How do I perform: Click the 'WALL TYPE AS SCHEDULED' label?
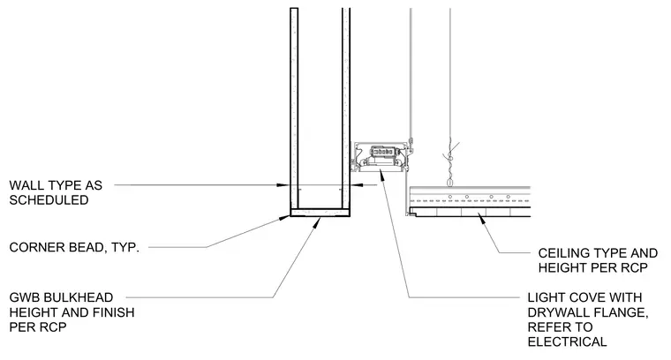(x=56, y=192)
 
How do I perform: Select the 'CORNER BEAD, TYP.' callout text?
(x=74, y=247)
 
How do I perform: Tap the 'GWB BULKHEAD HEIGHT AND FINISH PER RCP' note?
(x=72, y=312)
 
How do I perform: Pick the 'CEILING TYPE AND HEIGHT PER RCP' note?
(x=598, y=260)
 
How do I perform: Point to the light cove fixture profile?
(x=379, y=156)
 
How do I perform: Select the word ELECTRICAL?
(x=567, y=341)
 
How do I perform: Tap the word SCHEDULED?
(x=49, y=200)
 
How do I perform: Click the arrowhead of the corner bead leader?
(x=285, y=218)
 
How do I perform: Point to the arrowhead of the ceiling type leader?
(x=481, y=219)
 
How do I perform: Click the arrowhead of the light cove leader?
(x=381, y=175)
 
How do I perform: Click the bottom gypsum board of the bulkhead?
(x=320, y=213)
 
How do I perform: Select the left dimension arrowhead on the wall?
(x=283, y=185)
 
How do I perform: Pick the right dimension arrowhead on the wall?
(x=357, y=185)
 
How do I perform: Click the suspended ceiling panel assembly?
(x=468, y=201)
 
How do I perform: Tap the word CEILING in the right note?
(x=562, y=253)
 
